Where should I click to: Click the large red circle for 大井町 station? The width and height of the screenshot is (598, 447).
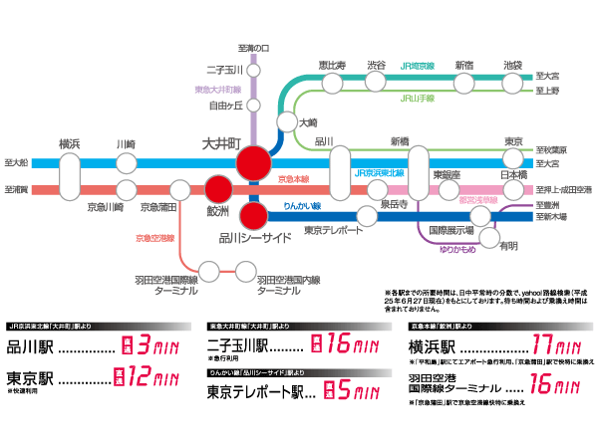[x=254, y=162]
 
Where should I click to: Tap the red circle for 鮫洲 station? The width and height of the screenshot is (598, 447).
[x=218, y=188]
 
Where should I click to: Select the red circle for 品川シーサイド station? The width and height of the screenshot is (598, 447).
[x=254, y=215]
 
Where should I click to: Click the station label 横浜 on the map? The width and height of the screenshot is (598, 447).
[x=70, y=142]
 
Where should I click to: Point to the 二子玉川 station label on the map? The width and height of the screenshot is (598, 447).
[x=224, y=70]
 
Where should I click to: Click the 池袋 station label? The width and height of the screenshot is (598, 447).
[x=512, y=65]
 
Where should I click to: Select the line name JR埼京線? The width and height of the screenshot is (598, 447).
[x=417, y=65]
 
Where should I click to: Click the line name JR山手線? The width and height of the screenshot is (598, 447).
[x=416, y=99]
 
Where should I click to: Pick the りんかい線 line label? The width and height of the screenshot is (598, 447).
[x=301, y=205]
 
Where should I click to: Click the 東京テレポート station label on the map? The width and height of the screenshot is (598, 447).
[x=330, y=231]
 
